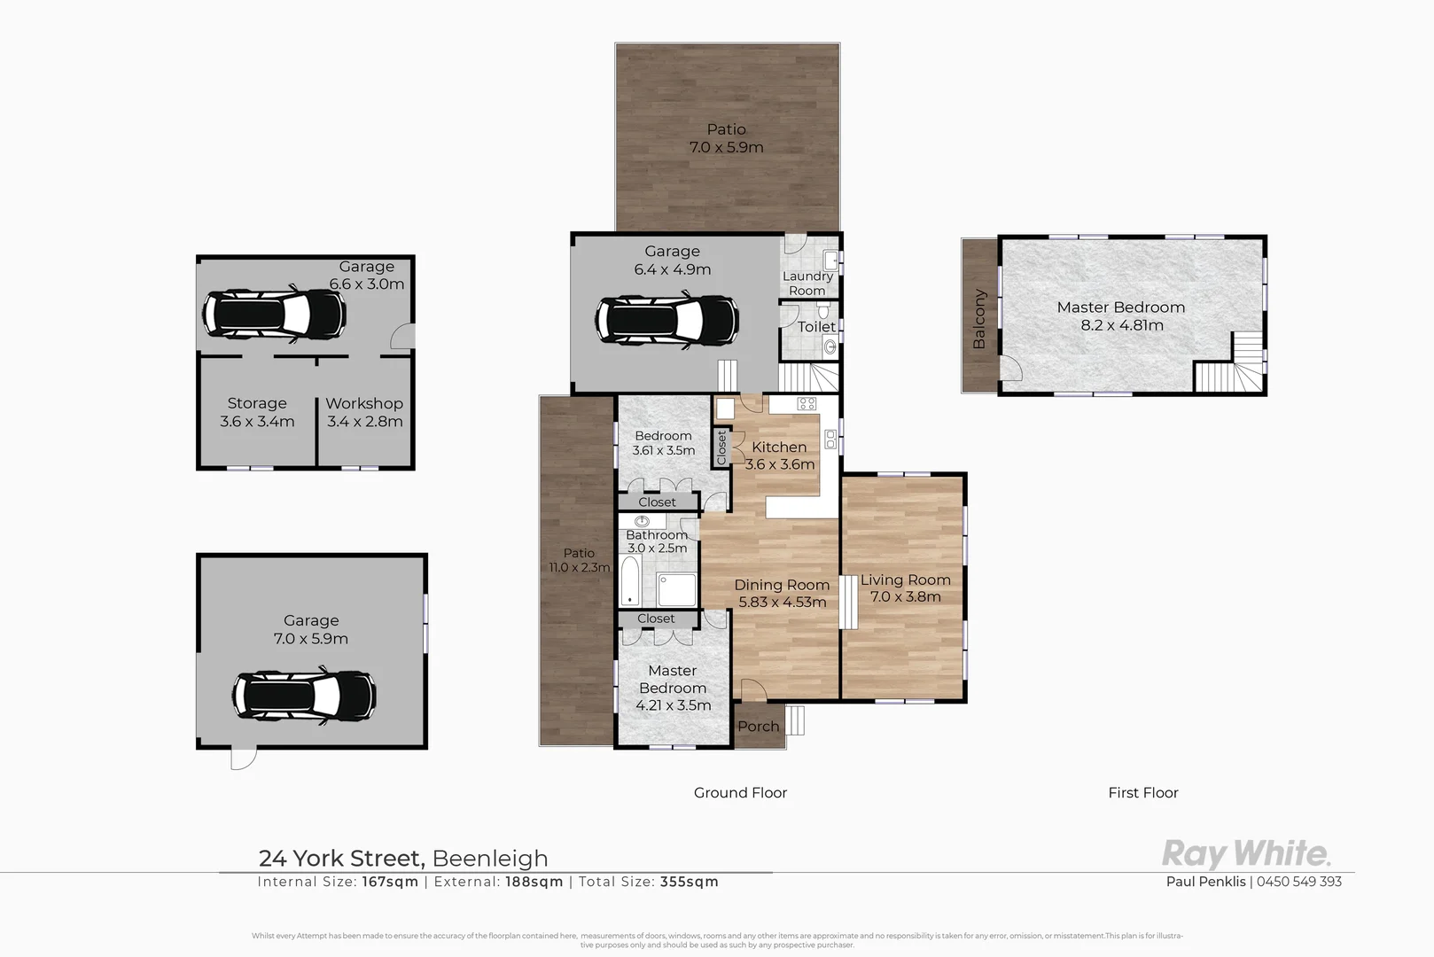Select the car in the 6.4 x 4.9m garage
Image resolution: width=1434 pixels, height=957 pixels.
[x=666, y=321]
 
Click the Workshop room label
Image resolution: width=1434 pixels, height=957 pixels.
[x=364, y=403]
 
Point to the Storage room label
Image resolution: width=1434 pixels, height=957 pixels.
[x=257, y=403]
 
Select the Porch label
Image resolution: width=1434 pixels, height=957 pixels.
[x=759, y=727]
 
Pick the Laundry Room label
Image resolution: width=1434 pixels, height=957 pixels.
[x=807, y=284]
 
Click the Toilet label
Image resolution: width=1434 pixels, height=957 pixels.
[x=815, y=327]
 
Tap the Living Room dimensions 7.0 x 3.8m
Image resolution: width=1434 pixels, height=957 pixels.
[x=905, y=597]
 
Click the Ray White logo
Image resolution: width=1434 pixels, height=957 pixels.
[x=1245, y=854]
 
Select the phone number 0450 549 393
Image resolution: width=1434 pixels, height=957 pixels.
[x=1299, y=882]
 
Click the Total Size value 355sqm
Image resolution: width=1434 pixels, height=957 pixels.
[x=690, y=882]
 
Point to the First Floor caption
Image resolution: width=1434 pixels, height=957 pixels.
[x=1143, y=793]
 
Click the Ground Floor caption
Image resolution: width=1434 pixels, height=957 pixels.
[x=740, y=793]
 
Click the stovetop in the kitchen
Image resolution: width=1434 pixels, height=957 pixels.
[x=807, y=404]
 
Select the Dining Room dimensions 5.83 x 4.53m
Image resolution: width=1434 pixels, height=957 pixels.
[x=782, y=603]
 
